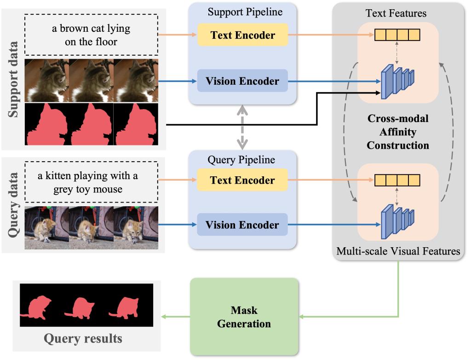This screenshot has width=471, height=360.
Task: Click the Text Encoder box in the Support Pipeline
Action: click(242, 35)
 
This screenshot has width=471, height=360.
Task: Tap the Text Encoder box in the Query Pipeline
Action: click(242, 180)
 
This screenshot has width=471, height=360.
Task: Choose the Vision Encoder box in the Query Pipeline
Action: click(242, 225)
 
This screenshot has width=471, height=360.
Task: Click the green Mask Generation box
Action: click(244, 317)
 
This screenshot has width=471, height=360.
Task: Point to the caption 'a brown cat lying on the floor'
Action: click(91, 35)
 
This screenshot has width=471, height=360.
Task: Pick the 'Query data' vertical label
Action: click(12, 204)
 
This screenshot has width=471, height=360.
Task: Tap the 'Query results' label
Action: click(83, 339)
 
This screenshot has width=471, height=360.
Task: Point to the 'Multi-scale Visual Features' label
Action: click(398, 251)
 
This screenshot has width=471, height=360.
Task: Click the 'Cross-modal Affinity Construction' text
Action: click(398, 132)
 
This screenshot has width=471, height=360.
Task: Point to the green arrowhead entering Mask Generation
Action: click(302, 317)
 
